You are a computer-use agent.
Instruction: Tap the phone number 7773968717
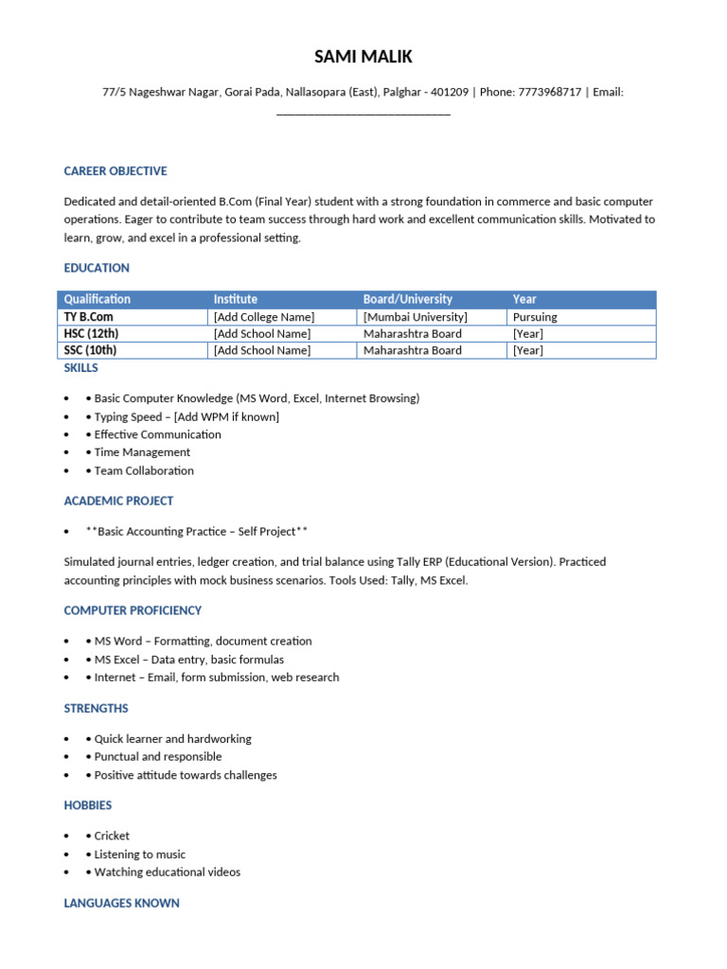(550, 93)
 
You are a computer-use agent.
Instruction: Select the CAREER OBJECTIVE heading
(115, 171)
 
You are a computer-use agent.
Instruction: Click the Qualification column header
(98, 299)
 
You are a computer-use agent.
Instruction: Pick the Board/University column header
(408, 299)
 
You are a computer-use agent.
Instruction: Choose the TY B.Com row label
(88, 317)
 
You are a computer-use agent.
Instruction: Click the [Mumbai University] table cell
(416, 317)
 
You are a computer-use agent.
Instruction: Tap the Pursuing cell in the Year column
(535, 317)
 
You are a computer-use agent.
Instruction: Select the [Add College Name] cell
(264, 317)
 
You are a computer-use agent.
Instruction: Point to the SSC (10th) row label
(91, 350)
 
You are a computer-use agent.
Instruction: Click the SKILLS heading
(81, 368)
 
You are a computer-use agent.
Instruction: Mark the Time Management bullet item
(142, 452)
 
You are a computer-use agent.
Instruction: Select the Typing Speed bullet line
(186, 416)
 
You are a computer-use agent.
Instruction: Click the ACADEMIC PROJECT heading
(118, 501)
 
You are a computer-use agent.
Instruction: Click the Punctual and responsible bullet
(157, 757)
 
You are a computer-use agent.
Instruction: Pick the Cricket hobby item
(112, 837)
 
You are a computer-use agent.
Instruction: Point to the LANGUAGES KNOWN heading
(121, 904)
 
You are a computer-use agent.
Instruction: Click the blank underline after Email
(363, 114)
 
